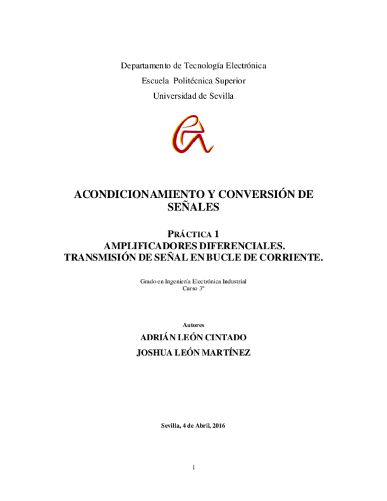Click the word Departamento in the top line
pyautogui.click(x=144, y=66)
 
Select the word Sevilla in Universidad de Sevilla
pyautogui.click(x=220, y=96)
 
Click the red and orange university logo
pyautogui.click(x=193, y=135)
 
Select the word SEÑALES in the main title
pyautogui.click(x=193, y=207)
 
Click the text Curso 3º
pyautogui.click(x=193, y=290)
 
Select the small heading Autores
pyautogui.click(x=193, y=324)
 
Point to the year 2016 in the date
pyautogui.click(x=218, y=426)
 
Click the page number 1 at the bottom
pyautogui.click(x=193, y=467)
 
